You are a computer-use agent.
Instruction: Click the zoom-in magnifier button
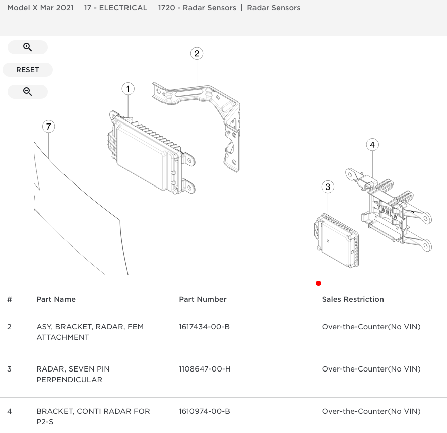coord(28,47)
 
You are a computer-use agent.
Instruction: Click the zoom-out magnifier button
coord(28,92)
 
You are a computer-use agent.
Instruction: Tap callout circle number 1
coord(128,89)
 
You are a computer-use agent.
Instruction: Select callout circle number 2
coord(197,53)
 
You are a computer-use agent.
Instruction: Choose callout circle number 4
coord(372,145)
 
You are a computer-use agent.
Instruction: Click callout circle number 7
coord(48,127)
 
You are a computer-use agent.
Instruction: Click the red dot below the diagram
coord(318,283)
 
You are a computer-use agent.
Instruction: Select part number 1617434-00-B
coord(204,327)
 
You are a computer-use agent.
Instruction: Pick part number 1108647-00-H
coord(205,369)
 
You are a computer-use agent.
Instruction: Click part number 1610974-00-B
coord(204,411)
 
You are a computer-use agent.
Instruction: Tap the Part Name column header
coord(56,299)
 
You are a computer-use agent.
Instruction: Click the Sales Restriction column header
coord(353,299)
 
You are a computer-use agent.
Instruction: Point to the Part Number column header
coord(203,299)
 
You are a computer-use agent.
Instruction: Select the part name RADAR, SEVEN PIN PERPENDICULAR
coord(73,374)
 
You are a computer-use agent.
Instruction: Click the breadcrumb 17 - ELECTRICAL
coord(115,8)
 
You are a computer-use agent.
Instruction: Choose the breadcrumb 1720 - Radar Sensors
coord(197,8)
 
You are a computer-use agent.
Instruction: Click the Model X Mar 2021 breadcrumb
coord(40,8)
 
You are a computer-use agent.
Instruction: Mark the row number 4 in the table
coord(9,411)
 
